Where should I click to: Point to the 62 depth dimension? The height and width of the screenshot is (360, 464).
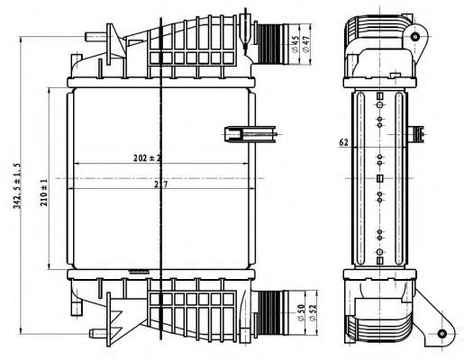(343, 142)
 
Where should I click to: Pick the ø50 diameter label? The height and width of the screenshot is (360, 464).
(300, 311)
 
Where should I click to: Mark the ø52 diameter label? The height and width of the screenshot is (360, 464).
(313, 311)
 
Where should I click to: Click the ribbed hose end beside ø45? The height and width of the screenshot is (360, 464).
(269, 37)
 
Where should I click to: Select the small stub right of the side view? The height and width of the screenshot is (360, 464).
(418, 134)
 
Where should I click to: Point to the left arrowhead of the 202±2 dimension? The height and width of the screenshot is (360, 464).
(74, 164)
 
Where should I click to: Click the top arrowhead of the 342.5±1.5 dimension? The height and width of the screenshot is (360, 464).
(17, 36)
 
